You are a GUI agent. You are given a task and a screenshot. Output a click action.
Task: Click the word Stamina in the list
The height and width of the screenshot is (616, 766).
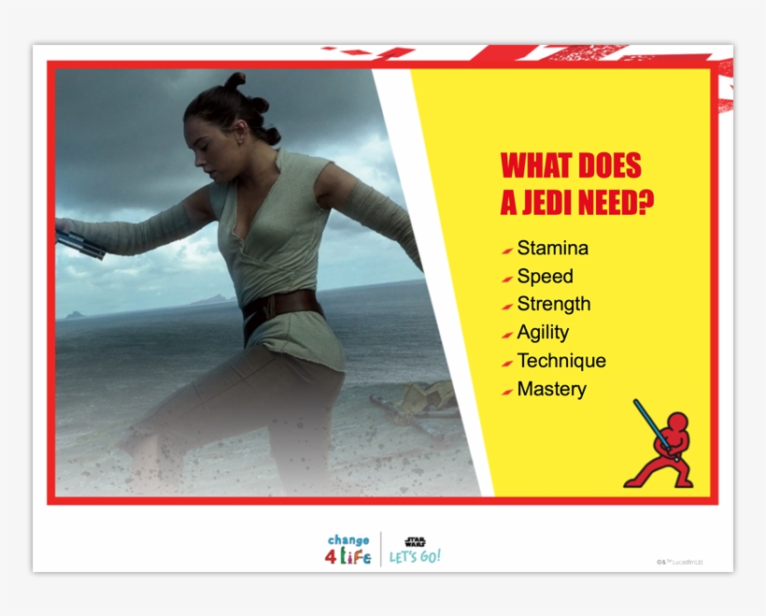point(553,249)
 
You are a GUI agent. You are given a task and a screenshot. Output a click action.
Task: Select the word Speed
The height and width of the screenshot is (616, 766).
point(545,277)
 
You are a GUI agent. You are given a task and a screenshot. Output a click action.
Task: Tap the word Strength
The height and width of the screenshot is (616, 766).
point(554,304)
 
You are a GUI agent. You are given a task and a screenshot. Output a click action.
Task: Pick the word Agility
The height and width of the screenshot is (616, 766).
point(543,332)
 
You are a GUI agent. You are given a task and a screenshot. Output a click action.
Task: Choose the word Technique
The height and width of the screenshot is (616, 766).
point(561,361)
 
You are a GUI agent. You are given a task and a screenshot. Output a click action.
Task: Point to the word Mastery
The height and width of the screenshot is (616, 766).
point(552,389)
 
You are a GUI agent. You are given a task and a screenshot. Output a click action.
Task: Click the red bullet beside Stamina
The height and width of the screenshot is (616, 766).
point(506,251)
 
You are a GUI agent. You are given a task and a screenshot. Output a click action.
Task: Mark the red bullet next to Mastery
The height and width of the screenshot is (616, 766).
point(506,391)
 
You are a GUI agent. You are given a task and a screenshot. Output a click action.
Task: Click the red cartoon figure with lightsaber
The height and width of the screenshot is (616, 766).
point(660,450)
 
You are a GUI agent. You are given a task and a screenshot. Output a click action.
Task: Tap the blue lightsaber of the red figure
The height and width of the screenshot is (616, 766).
point(644,420)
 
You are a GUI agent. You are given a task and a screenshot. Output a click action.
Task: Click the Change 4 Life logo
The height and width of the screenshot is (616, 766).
point(349,550)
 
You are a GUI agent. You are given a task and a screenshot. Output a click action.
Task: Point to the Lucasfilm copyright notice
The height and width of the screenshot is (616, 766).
point(679,562)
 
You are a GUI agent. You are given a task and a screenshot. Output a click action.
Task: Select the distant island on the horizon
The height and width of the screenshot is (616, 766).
point(211,300)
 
